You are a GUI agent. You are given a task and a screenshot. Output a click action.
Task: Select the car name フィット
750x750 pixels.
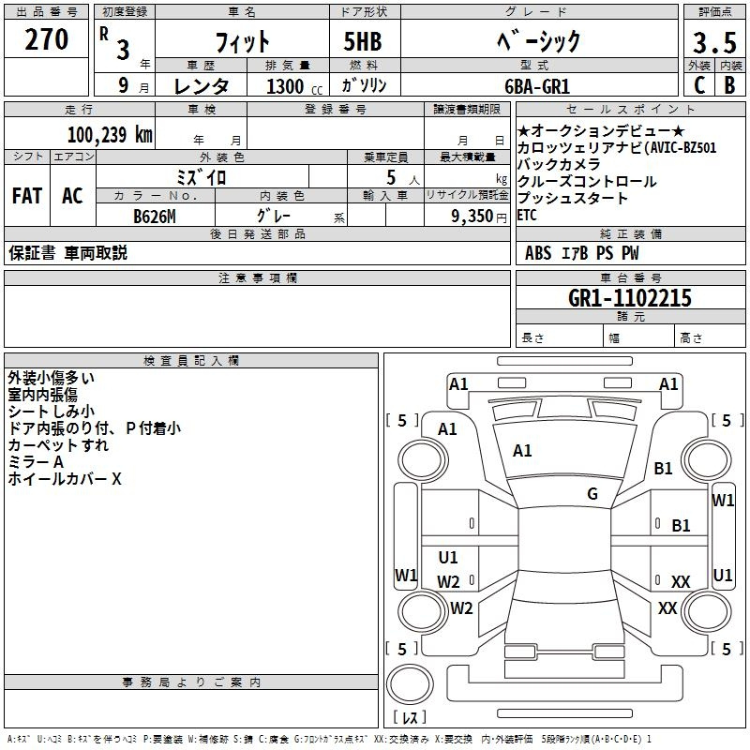[x=243, y=42]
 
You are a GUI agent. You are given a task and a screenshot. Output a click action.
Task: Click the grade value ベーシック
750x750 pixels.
[x=536, y=41]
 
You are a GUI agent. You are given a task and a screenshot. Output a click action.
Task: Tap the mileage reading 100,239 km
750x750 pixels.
[x=110, y=134]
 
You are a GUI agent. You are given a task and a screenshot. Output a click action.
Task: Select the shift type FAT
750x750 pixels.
[x=26, y=196]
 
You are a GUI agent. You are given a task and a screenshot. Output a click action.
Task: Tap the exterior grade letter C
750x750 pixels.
[x=698, y=85]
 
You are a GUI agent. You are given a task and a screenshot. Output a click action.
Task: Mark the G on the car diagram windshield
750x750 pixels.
[x=592, y=494]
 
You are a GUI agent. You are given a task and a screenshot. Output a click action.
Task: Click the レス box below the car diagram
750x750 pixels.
[x=409, y=718]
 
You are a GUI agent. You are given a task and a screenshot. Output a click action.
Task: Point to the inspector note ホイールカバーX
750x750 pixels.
[x=65, y=479]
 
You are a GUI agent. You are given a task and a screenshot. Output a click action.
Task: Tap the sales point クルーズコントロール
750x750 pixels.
[x=574, y=182]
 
